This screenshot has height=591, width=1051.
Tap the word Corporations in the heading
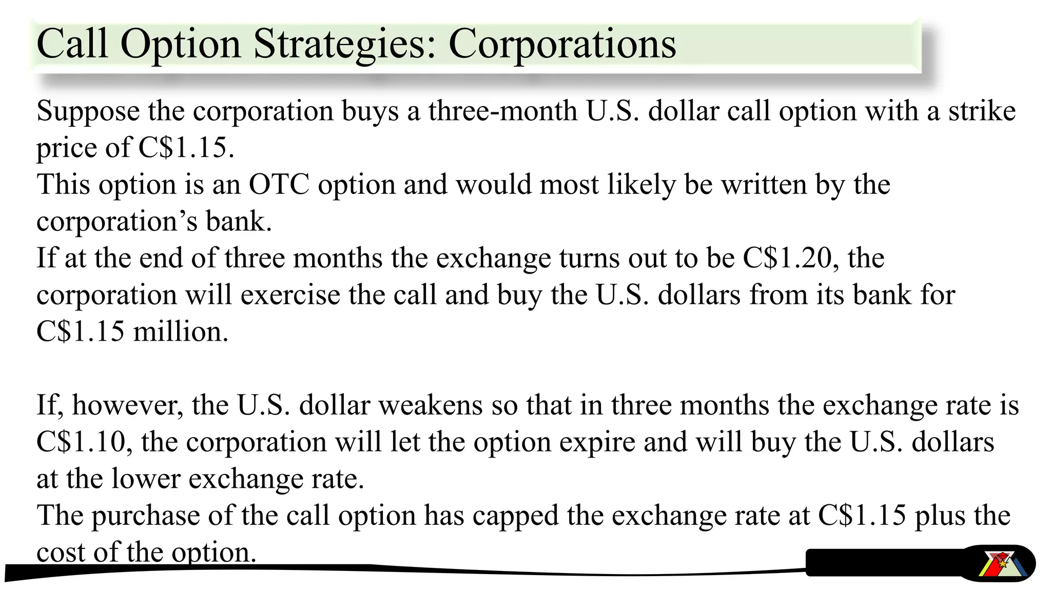pos(562,44)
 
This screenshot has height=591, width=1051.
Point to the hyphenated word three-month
pos(502,111)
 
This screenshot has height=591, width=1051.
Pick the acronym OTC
pos(279,185)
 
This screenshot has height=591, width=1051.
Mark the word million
pos(181,332)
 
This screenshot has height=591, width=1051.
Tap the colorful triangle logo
pos(999,564)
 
